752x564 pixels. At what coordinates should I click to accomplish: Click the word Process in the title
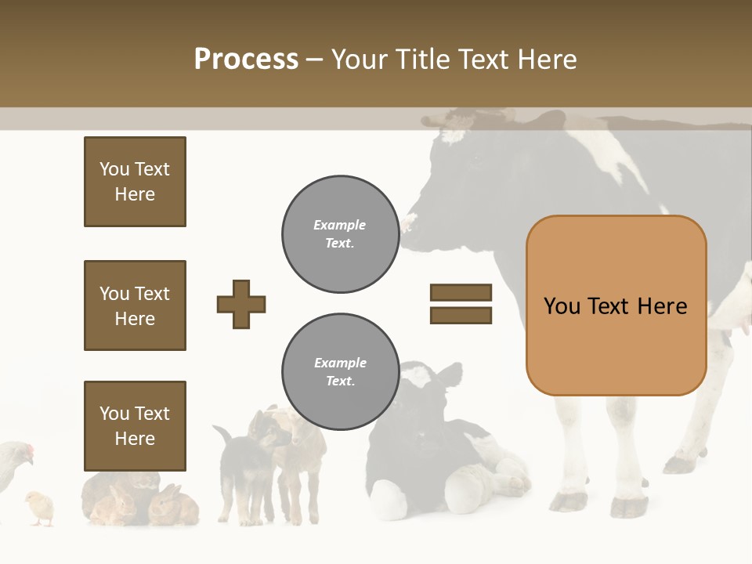[x=246, y=59]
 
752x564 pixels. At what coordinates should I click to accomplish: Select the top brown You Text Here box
[x=135, y=182]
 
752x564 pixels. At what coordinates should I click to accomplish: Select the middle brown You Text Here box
[x=135, y=305]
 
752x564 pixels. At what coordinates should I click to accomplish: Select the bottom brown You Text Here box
[x=135, y=425]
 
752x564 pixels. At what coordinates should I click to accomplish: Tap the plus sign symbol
[x=241, y=304]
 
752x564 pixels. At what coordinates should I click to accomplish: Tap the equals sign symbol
[x=461, y=304]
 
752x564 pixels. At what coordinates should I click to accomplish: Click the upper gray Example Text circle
[x=340, y=234]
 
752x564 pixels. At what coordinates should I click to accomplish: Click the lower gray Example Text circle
[x=340, y=372]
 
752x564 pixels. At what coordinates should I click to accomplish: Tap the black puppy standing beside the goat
[x=239, y=462]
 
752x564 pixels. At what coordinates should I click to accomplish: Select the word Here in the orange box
[x=662, y=305]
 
